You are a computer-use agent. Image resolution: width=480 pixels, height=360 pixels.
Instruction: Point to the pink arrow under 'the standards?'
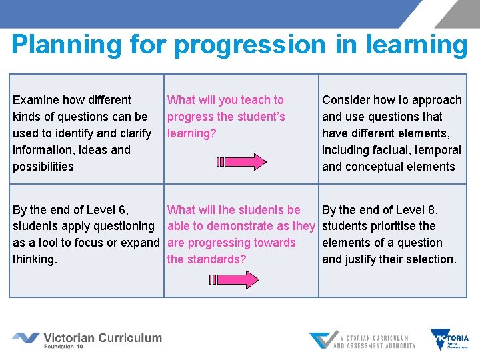(241, 279)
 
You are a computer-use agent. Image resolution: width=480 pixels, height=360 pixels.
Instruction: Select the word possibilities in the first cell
(43, 167)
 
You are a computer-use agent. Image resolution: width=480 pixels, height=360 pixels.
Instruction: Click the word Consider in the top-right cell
(346, 100)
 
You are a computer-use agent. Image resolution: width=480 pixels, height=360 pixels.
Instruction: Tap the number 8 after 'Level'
(433, 210)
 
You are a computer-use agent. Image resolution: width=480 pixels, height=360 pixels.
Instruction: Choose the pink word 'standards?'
(217, 259)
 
